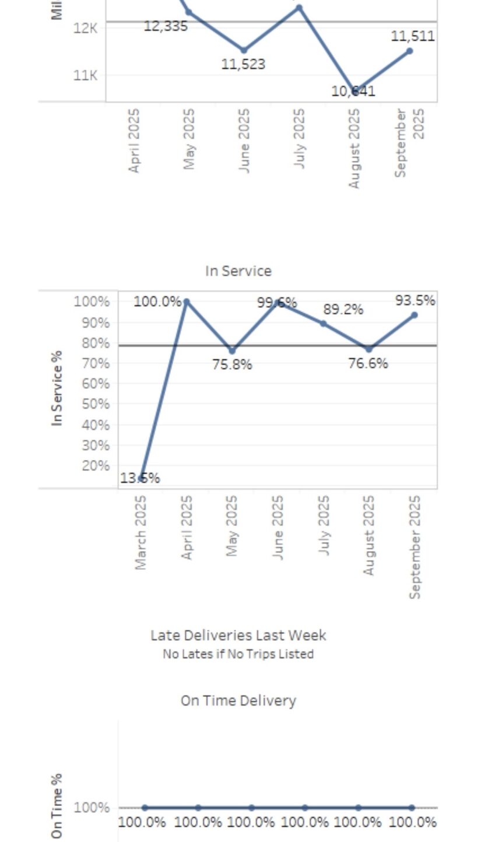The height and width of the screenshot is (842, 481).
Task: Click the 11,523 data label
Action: click(243, 64)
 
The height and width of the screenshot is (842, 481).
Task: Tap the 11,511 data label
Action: click(412, 36)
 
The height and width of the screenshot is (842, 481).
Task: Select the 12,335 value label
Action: click(166, 26)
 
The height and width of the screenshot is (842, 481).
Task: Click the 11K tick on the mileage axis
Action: click(85, 75)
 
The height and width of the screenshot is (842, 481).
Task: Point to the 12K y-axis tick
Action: click(85, 28)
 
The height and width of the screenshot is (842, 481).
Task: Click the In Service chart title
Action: click(238, 271)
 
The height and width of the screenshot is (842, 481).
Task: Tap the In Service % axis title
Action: click(57, 388)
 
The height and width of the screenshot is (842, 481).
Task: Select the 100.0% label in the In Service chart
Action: click(157, 301)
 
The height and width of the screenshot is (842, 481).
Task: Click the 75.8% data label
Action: click(232, 364)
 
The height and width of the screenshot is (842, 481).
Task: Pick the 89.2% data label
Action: click(343, 310)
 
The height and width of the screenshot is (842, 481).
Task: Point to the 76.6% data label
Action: click(367, 363)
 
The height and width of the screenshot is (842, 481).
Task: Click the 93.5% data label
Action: click(415, 300)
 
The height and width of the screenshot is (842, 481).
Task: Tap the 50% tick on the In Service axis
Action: click(96, 404)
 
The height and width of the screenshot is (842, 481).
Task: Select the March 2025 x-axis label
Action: click(141, 532)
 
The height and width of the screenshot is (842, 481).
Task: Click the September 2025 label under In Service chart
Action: click(415, 547)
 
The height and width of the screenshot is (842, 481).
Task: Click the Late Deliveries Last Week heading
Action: click(238, 635)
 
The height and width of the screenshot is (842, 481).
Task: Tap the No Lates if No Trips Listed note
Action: click(238, 654)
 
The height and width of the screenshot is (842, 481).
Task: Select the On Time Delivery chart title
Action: click(238, 700)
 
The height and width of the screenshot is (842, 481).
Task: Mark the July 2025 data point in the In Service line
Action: click(324, 324)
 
